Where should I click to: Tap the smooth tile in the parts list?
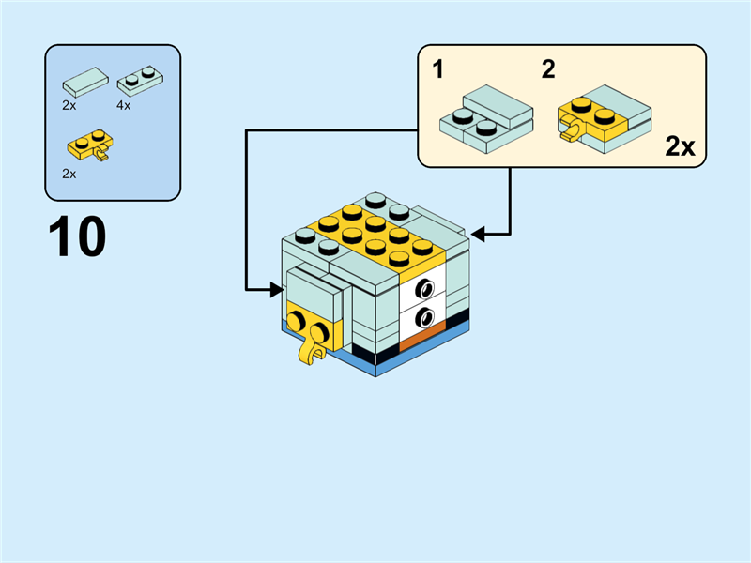click(84, 82)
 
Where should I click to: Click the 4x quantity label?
click(123, 106)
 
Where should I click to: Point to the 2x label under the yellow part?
click(69, 174)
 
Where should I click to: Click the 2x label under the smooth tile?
click(69, 106)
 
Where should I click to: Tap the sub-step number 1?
click(438, 68)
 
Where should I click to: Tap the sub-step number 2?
click(548, 68)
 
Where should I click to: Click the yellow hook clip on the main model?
click(308, 352)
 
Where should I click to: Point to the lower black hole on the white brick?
click(426, 316)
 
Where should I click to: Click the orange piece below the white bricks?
click(421, 337)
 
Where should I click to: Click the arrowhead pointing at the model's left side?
click(278, 291)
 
